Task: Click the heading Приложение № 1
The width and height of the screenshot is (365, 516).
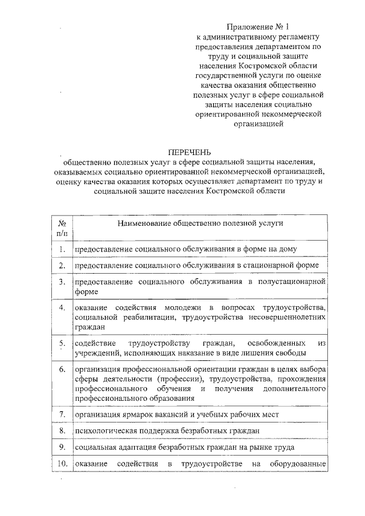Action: (x=254, y=27)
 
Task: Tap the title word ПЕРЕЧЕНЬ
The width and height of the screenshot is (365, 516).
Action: (x=189, y=152)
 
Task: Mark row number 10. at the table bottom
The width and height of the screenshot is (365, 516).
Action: (x=62, y=464)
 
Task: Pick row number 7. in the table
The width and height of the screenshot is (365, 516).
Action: (x=62, y=413)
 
